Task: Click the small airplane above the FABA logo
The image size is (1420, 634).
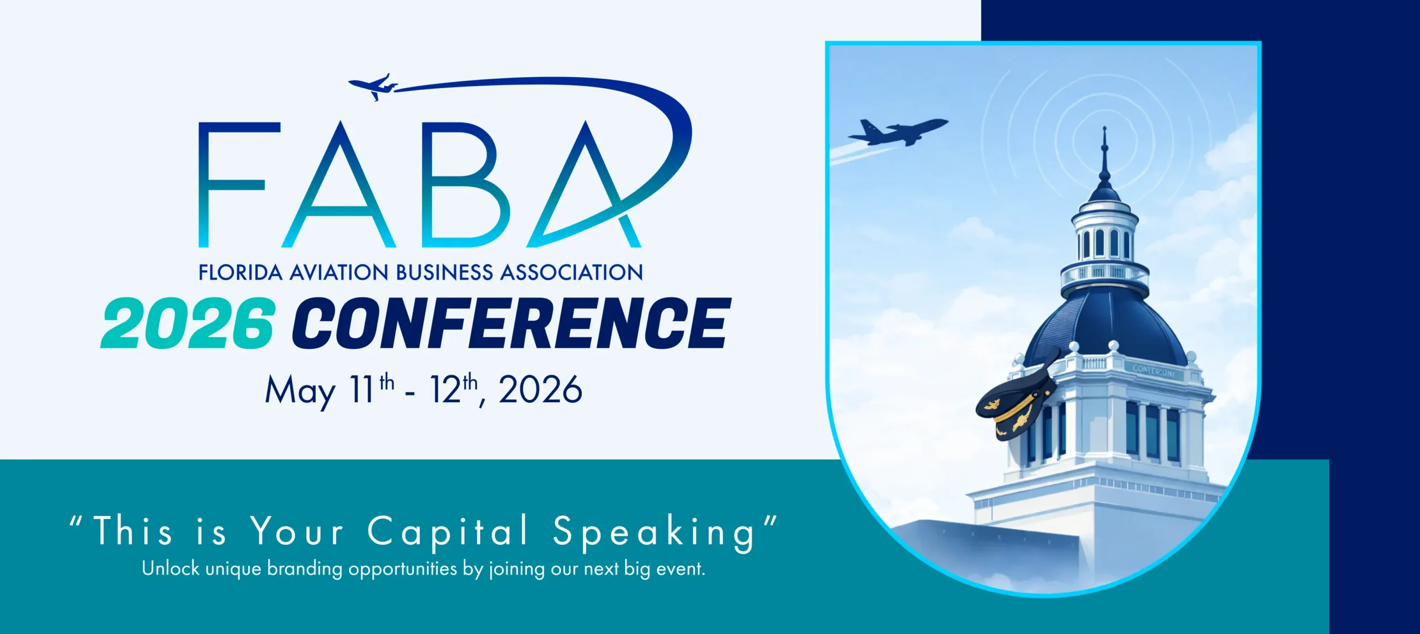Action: [373, 87]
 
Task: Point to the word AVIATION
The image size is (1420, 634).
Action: [339, 272]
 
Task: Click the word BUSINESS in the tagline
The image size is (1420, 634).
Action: [444, 272]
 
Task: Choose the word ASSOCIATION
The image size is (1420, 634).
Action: [572, 272]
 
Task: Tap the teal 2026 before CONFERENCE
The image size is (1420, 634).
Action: [187, 323]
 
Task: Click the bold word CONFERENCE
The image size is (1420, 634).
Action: [511, 323]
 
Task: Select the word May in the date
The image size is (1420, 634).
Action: [300, 390]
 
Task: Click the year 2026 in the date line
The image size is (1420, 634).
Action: [540, 389]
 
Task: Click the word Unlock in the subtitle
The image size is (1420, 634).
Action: [170, 569]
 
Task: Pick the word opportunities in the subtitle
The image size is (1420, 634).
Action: [403, 570]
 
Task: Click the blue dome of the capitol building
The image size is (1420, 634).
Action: [1105, 327]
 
